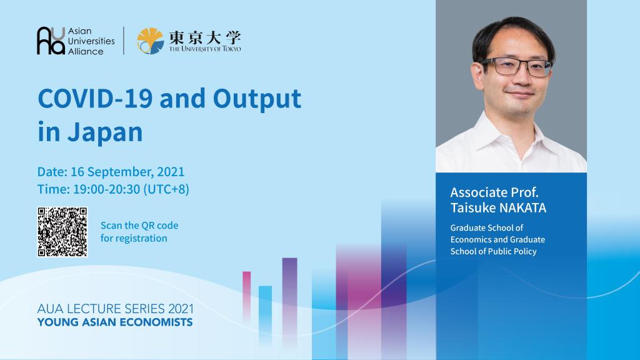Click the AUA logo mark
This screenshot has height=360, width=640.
coord(51,41)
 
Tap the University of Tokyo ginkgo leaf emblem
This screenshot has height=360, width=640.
coord(151,41)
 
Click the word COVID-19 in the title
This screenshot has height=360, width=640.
coord(95,98)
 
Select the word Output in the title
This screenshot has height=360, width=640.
coord(257,99)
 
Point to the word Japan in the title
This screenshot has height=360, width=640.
coord(105,132)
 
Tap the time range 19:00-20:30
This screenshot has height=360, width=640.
coord(106,189)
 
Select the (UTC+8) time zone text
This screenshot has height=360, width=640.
coord(166,189)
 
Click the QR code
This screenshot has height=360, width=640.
coord(62,232)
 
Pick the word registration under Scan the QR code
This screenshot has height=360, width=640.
coord(141,238)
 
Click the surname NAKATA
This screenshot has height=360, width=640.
coord(522,207)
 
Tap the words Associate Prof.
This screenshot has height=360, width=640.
coord(494,192)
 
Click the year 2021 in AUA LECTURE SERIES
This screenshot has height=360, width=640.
coord(181,309)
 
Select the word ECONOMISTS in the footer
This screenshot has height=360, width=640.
coord(159,322)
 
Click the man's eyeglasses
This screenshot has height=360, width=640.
coord(517,66)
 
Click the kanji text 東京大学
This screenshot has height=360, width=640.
coord(205,37)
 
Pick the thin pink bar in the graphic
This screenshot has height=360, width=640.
coord(246,296)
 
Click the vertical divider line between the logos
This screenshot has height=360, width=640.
coord(124,41)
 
